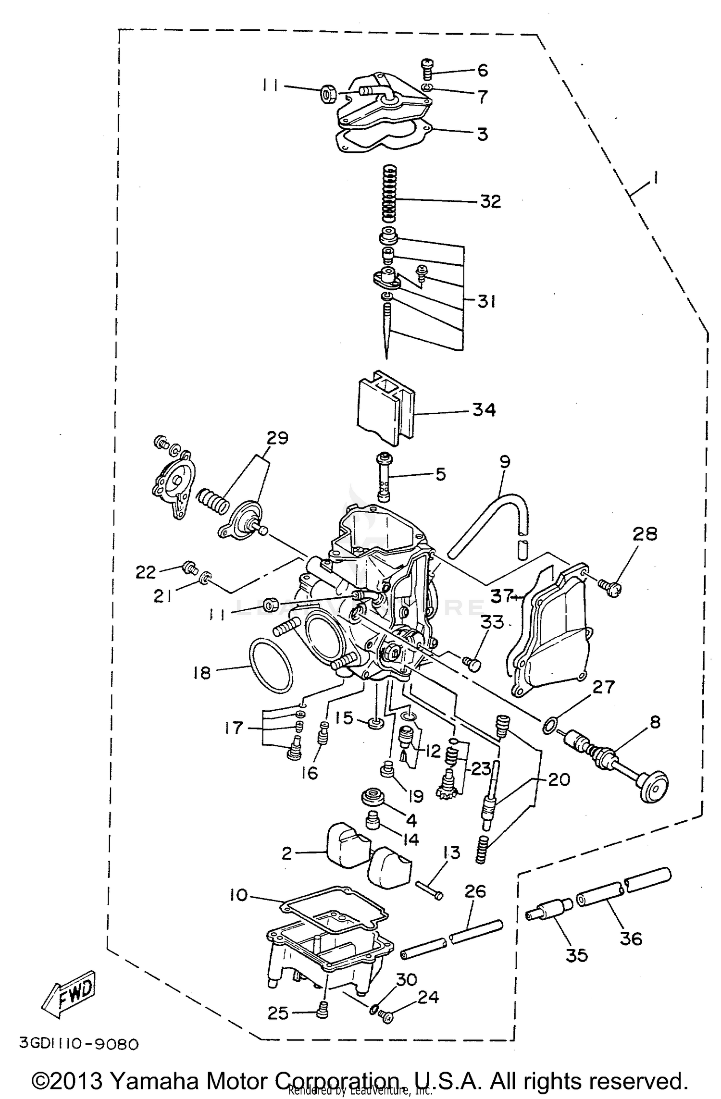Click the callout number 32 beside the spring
[x=490, y=201]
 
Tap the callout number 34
[x=484, y=410]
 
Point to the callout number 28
[x=645, y=534]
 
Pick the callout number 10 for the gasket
[x=238, y=895]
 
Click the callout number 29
[x=277, y=438]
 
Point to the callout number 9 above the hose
[x=505, y=462]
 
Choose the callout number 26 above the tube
[x=475, y=891]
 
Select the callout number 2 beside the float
[x=287, y=853]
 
